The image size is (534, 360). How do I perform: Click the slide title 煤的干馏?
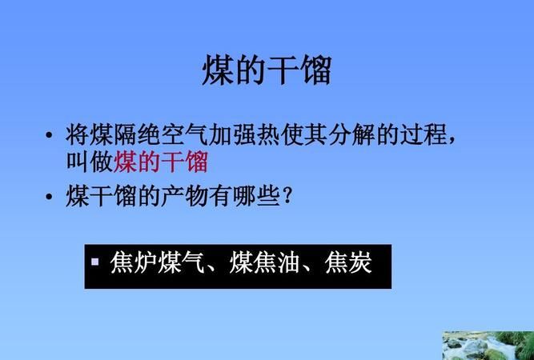click(266, 70)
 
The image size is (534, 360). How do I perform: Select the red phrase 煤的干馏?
click(162, 162)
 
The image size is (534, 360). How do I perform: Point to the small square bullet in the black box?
click(94, 261)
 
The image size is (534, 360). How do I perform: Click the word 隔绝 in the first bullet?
click(137, 135)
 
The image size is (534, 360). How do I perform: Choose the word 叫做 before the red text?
click(90, 162)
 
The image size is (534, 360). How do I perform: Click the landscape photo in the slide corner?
click(488, 345)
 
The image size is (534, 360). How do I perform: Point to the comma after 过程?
click(453, 140)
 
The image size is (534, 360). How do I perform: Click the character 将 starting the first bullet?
click(77, 135)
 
